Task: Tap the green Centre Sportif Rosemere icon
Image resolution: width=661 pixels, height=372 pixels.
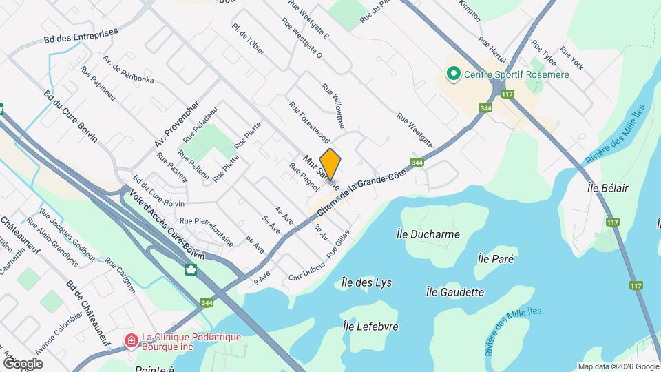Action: [x=453, y=73]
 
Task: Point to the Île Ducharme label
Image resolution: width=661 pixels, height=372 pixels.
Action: [x=428, y=234]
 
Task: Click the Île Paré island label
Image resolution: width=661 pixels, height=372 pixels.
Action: [x=496, y=258]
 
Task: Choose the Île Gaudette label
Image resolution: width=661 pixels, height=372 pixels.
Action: [x=454, y=292]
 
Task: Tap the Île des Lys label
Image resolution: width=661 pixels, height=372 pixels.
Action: [x=366, y=282]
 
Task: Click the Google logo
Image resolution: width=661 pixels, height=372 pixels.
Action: [x=23, y=364]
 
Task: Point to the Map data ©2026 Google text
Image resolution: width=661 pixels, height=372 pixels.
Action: [x=618, y=366]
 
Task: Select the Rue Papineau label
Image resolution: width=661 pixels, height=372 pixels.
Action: [x=97, y=83]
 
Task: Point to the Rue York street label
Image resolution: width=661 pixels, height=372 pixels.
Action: [x=571, y=58]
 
